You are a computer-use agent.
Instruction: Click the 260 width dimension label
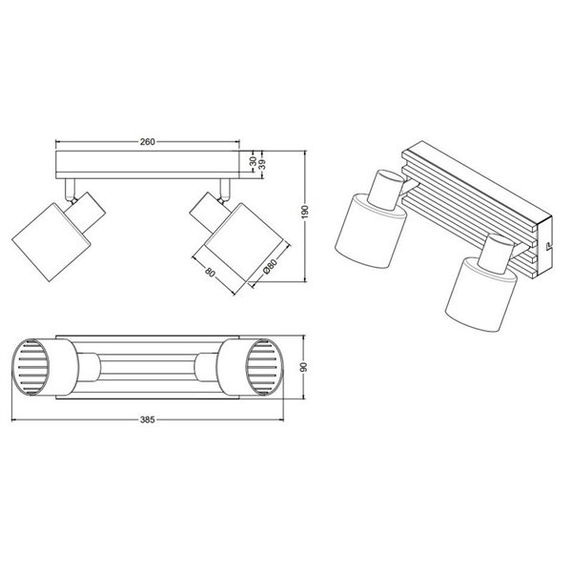pos(147,142)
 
